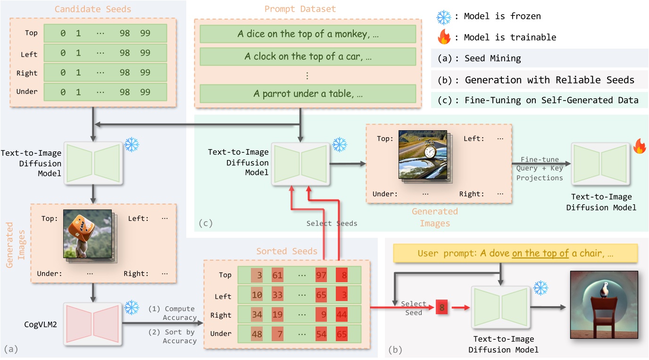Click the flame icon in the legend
[444, 37]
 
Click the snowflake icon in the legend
[444, 17]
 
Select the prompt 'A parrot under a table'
[308, 94]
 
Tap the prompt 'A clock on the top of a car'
[308, 56]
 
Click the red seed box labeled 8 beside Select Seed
[442, 308]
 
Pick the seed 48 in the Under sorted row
[257, 334]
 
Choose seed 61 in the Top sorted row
[277, 275]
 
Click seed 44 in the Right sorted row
[342, 315]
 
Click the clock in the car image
[429, 152]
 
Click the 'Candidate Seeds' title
[93, 9]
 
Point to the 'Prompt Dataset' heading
[307, 9]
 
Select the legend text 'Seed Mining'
[492, 59]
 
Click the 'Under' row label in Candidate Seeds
[27, 91]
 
